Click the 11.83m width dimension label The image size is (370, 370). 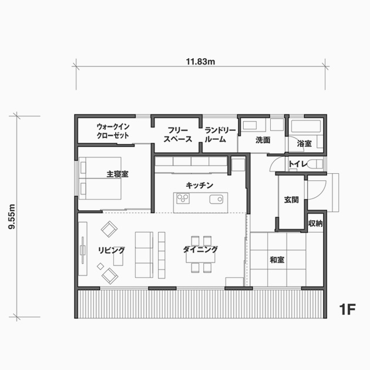click(x=200, y=62)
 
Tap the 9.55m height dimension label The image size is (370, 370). click(x=12, y=216)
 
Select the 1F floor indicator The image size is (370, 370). click(x=347, y=310)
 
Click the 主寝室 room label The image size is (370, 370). click(x=117, y=174)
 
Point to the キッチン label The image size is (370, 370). click(x=200, y=185)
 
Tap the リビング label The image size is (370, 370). click(x=112, y=250)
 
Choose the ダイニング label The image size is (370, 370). click(x=200, y=250)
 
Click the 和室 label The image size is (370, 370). click(x=277, y=260)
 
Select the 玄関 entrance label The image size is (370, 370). click(x=291, y=200)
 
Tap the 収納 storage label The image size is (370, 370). click(x=315, y=223)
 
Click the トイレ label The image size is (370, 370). click(x=298, y=163)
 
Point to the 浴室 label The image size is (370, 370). click(x=304, y=143)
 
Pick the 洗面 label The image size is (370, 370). click(x=263, y=140)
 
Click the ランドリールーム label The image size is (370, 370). click(x=220, y=134)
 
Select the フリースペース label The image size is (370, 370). click(x=178, y=134)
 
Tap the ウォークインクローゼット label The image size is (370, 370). click(x=113, y=131)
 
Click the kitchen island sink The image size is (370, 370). click(x=216, y=200)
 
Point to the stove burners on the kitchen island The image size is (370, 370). click(x=183, y=199)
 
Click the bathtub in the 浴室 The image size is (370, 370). click(x=306, y=126)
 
